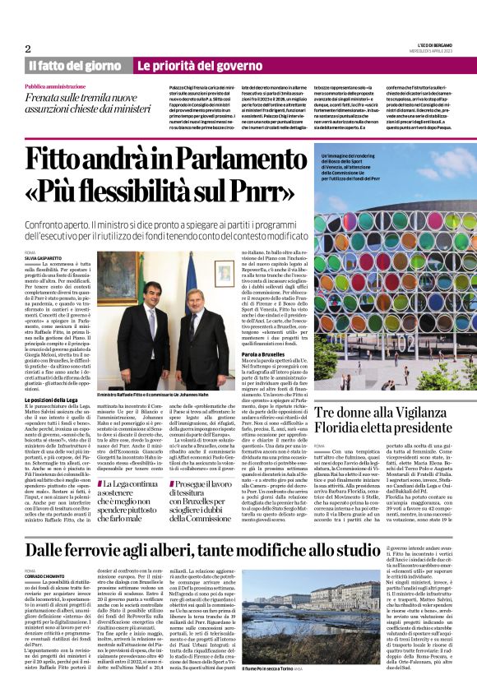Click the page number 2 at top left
(x=27, y=49)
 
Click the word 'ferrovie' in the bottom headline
(x=116, y=526)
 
